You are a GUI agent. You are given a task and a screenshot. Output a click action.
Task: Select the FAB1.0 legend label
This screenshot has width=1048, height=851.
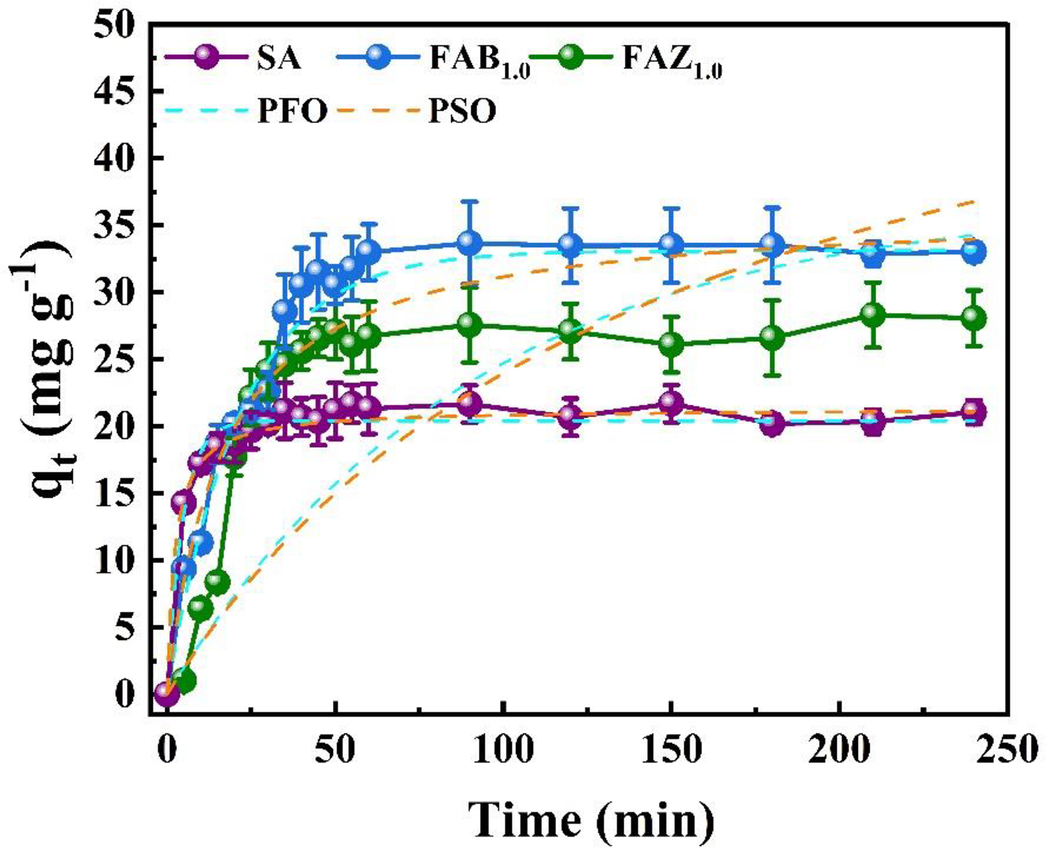pyautogui.click(x=480, y=61)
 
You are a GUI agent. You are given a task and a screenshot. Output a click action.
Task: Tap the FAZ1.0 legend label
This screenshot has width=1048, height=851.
pyautogui.click(x=672, y=61)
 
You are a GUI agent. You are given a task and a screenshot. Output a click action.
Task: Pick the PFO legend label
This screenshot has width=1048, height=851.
pyautogui.click(x=292, y=112)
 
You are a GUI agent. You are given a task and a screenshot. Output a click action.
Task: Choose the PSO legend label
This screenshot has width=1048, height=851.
pyautogui.click(x=462, y=112)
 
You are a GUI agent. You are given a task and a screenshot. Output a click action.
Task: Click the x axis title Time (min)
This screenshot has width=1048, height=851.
pyautogui.click(x=591, y=820)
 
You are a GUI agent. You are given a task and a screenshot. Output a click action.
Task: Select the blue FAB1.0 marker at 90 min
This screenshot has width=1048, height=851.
pyautogui.click(x=470, y=243)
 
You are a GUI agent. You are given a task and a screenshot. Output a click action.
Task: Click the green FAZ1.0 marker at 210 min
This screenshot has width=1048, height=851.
pyautogui.click(x=872, y=314)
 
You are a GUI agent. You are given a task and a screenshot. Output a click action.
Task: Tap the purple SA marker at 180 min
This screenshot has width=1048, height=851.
pyautogui.click(x=772, y=424)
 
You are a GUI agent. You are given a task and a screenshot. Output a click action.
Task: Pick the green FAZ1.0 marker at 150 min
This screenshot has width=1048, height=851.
pyautogui.click(x=671, y=344)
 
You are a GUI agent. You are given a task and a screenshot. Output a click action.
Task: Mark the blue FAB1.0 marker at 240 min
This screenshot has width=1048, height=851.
pyautogui.click(x=974, y=252)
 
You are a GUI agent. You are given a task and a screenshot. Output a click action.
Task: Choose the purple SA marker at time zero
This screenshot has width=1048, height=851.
pyautogui.click(x=167, y=694)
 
